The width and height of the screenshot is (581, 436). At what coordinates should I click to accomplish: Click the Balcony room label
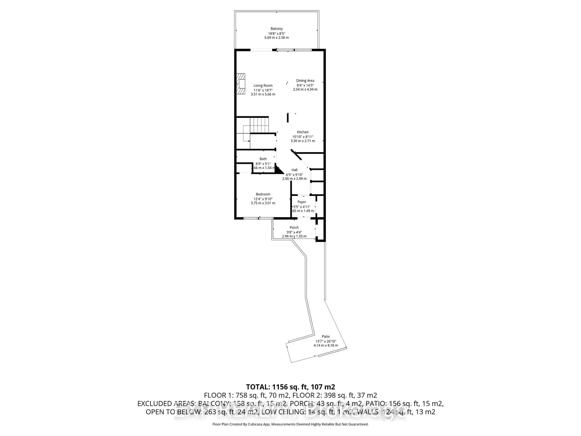tap(277, 29)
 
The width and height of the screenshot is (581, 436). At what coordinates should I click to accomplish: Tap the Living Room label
tap(263, 85)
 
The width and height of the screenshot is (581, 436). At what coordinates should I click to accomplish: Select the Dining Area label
tap(305, 81)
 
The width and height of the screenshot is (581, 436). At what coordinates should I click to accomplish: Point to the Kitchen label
tap(303, 132)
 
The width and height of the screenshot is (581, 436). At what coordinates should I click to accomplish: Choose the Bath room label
tap(263, 159)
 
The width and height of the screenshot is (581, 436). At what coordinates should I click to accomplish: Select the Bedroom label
tap(263, 194)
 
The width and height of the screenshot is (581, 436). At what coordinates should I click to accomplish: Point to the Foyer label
tap(302, 202)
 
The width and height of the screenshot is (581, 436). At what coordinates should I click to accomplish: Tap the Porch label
tap(294, 227)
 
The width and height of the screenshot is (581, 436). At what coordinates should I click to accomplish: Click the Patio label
tap(326, 336)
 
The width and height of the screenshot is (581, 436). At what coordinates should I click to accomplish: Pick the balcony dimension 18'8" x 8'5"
tap(277, 33)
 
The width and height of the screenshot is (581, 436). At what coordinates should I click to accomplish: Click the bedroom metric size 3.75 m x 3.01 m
tap(263, 203)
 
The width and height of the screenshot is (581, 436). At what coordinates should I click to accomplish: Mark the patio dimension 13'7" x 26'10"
tap(326, 341)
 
